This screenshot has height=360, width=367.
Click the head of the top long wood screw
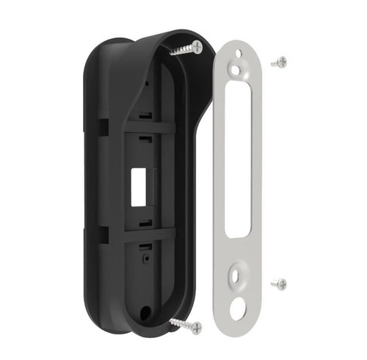coord(198,47)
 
